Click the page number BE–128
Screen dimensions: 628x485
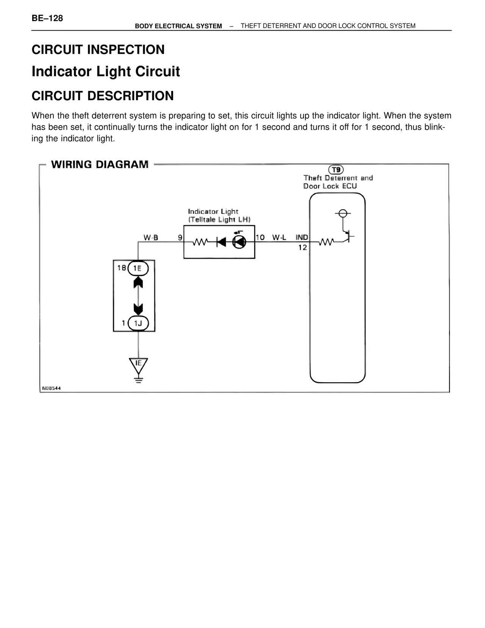(x=47, y=18)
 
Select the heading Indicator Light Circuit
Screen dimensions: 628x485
(x=106, y=72)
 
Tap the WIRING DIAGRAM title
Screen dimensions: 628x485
(x=100, y=165)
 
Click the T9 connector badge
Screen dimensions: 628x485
(x=336, y=170)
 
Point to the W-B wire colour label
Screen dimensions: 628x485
(x=151, y=238)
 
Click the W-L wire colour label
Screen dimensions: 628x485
(x=279, y=238)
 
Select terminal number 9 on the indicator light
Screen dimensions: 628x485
(x=180, y=238)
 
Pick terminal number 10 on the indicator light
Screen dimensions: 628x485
(x=260, y=238)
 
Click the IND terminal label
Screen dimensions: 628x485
(x=302, y=238)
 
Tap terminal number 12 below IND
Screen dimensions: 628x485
(x=302, y=248)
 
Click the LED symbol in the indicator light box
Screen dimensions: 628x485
(x=239, y=242)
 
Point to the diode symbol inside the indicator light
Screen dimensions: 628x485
(x=221, y=242)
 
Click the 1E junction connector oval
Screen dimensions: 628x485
(x=138, y=268)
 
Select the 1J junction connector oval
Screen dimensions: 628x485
(x=138, y=323)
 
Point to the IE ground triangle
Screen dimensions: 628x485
(x=138, y=364)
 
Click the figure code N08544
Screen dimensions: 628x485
(x=51, y=388)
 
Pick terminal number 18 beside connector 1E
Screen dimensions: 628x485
(x=121, y=268)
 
